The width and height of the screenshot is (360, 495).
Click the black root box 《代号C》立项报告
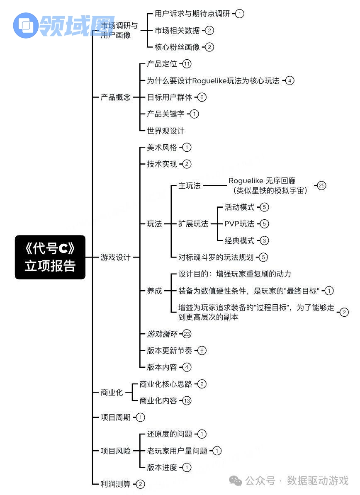coord(50,257)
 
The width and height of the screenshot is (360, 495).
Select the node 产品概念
coord(115,97)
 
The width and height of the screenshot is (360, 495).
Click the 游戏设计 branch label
coord(115,257)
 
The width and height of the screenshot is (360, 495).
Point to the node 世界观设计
coord(165,131)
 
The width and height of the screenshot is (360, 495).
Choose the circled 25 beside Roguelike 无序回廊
coord(322,186)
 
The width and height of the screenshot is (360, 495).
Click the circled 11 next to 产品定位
coord(187,64)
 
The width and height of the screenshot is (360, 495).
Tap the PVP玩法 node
coord(239,224)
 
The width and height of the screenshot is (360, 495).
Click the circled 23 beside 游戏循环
coord(187,334)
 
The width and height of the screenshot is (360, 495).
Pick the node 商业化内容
coord(158,401)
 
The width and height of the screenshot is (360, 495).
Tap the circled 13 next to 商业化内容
coord(187,401)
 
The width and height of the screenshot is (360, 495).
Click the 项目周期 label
coord(115,417)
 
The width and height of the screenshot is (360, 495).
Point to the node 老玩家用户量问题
coord(177,451)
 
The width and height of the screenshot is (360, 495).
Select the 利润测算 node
coord(115,484)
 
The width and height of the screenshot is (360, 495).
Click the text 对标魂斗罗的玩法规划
coord(216,257)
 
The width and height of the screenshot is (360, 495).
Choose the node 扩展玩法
coord(193,224)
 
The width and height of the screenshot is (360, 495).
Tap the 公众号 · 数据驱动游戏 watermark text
coord(297,481)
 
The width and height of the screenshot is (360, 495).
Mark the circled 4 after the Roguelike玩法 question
coord(290,80)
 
